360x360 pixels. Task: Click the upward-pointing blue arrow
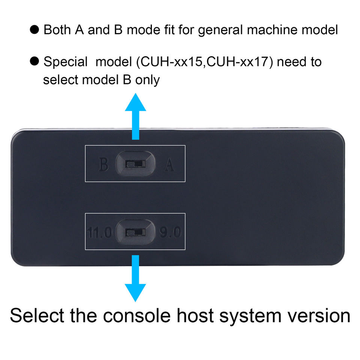point(135,116)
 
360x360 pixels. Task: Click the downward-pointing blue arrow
point(135,278)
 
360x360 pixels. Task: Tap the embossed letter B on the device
point(103,164)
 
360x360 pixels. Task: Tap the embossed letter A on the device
point(169,164)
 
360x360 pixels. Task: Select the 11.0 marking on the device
point(99,232)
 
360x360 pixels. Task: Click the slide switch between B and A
point(135,164)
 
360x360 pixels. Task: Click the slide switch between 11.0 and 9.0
point(135,232)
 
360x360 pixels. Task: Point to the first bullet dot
point(34,30)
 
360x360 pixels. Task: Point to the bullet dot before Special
point(34,61)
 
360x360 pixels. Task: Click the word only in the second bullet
point(147,80)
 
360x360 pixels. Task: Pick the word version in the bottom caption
point(319,316)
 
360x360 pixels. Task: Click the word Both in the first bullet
point(57,30)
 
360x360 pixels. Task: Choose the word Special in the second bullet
point(66,62)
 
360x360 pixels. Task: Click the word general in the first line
point(220,30)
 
